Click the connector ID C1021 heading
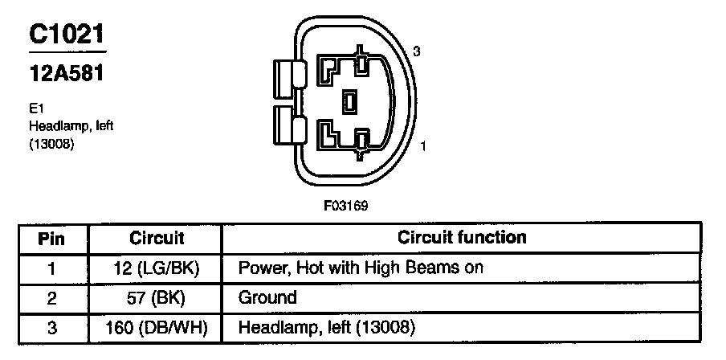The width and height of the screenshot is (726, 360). tap(67, 35)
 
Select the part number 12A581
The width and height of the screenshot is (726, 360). tap(67, 75)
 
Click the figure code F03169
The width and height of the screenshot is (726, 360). tap(346, 207)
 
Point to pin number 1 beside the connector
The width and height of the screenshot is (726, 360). tap(423, 147)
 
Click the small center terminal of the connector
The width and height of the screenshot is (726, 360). tap(349, 101)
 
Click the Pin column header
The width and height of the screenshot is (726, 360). tap(51, 239)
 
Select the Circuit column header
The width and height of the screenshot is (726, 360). tap(157, 239)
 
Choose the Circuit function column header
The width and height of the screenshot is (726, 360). tap(462, 238)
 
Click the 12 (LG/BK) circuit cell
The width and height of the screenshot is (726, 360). tap(157, 268)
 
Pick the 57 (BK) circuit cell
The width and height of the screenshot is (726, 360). tap(157, 297)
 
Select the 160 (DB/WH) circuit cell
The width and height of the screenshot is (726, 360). tap(157, 327)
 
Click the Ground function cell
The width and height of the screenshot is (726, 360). tap(267, 297)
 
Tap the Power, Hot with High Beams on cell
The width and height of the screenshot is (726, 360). tap(361, 268)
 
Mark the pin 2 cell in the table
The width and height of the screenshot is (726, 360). tap(51, 297)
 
